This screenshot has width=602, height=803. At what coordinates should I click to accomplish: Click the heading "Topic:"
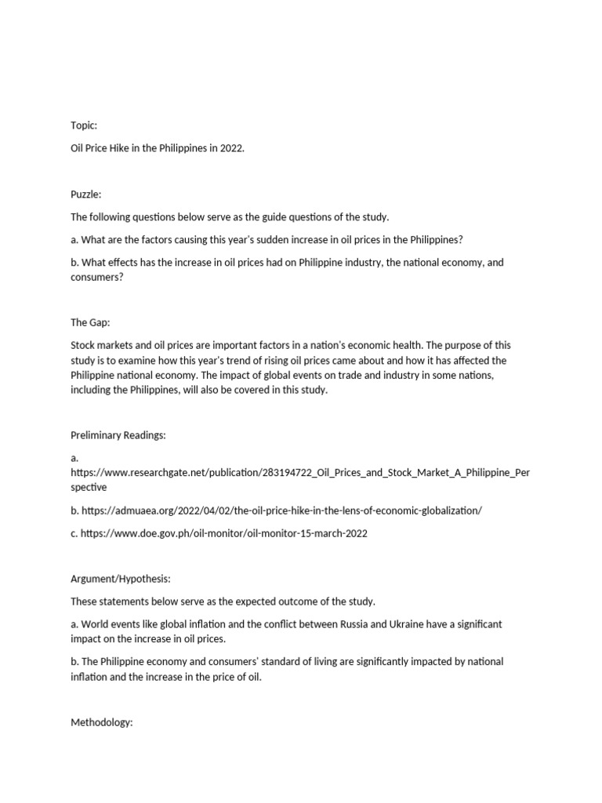(84, 125)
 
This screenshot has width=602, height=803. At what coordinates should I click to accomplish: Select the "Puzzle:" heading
(86, 194)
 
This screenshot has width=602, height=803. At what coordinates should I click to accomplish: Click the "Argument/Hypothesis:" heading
(121, 579)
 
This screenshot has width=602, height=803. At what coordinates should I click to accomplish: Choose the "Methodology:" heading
(102, 722)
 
